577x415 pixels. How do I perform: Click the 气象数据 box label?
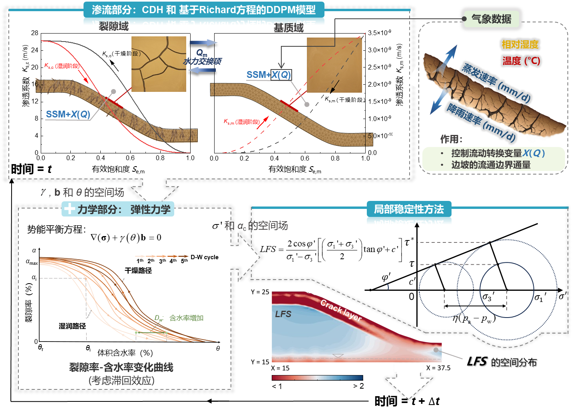tap(491, 19)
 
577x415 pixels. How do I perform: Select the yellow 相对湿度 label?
tap(520, 44)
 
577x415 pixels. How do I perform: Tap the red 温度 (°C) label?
tap(521, 61)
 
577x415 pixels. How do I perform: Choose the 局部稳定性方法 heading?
tap(409, 209)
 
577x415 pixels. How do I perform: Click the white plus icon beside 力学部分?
tap(70, 209)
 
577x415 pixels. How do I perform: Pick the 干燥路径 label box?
tap(138, 270)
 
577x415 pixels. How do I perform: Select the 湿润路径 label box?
tap(72, 326)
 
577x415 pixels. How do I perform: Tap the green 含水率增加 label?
tap(187, 318)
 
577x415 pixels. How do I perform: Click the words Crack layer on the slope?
tap(341, 310)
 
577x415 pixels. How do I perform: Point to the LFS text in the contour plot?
tap(283, 314)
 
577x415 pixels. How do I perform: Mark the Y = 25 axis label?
tap(260, 292)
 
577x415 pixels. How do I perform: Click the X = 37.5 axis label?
tap(438, 368)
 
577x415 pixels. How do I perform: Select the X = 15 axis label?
tap(280, 368)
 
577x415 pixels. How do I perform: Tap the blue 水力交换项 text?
tap(203, 61)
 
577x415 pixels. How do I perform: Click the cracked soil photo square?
tap(159, 64)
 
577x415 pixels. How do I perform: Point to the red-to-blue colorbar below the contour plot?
tap(317, 377)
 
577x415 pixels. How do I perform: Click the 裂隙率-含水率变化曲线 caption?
tap(121, 367)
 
